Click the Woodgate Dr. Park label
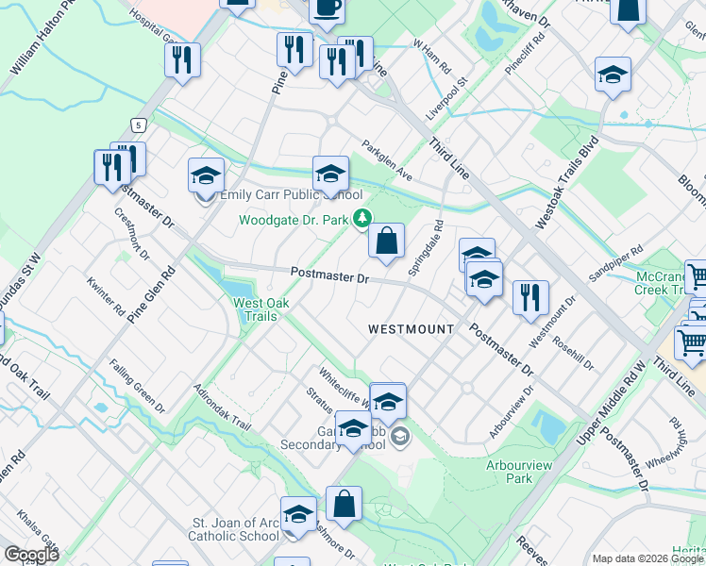(x=294, y=220)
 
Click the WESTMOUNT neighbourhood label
(x=411, y=328)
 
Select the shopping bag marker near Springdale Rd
(x=386, y=241)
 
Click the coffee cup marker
(x=327, y=8)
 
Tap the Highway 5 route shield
(x=139, y=125)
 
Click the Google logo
(x=31, y=555)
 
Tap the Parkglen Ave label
(x=388, y=160)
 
